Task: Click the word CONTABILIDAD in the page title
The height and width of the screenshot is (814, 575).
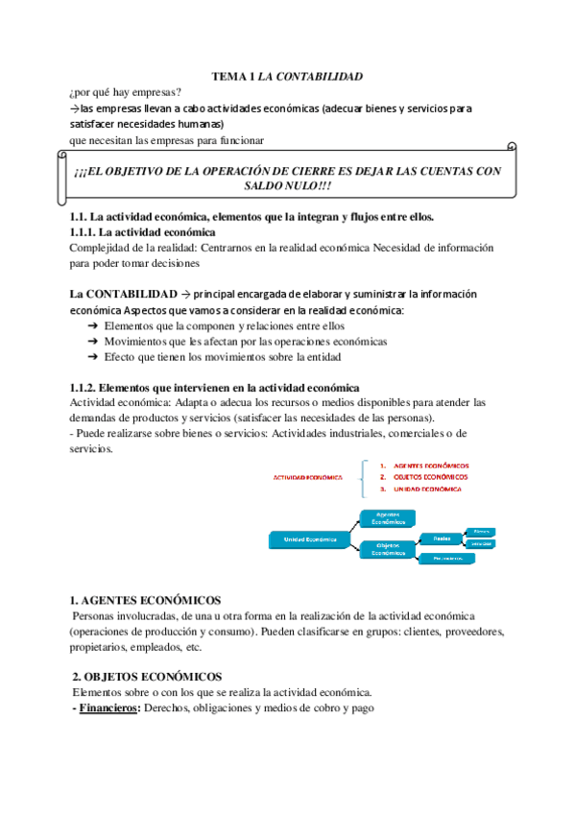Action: click(322, 75)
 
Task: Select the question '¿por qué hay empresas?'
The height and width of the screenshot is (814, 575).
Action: click(126, 92)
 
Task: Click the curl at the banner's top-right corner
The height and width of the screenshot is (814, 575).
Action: click(511, 148)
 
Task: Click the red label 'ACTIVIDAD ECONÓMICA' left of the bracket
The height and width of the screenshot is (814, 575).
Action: click(309, 476)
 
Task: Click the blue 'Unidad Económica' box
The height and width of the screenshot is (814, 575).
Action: click(309, 539)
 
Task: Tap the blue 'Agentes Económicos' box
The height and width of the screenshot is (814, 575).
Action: click(387, 517)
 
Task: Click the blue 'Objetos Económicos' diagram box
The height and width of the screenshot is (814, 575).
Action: click(387, 550)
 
